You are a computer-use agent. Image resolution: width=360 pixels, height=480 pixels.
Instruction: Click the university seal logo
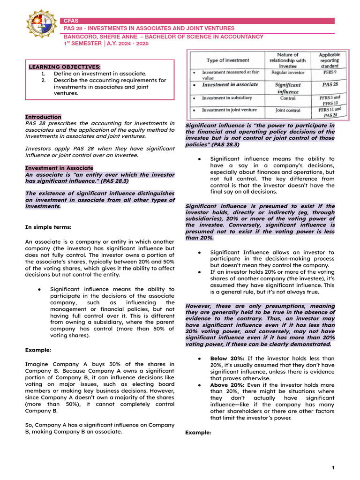(x=41, y=24)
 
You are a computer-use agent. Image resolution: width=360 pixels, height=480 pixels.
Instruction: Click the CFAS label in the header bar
(x=72, y=21)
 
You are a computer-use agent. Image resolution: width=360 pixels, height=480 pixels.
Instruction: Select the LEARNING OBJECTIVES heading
(x=65, y=67)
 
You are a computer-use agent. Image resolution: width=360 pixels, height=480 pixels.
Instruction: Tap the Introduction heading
(x=43, y=117)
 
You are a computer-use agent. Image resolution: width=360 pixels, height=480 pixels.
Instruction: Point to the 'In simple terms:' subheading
(x=48, y=227)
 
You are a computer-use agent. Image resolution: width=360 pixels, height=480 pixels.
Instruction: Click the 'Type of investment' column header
(x=228, y=60)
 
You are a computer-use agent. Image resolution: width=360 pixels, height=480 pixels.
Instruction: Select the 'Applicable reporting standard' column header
(x=329, y=60)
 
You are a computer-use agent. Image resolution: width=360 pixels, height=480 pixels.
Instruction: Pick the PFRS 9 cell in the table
(x=329, y=73)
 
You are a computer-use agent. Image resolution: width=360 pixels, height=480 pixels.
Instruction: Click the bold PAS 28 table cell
(x=329, y=84)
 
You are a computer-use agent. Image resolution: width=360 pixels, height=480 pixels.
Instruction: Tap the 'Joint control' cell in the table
(x=287, y=110)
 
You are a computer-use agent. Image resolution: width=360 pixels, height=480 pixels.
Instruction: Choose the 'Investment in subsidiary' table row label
(x=227, y=98)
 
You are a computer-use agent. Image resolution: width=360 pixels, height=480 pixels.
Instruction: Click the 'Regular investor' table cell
(x=287, y=73)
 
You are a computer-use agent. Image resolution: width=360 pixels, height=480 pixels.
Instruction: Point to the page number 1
(x=333, y=468)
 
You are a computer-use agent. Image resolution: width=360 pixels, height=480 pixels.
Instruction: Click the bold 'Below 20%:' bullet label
(x=226, y=358)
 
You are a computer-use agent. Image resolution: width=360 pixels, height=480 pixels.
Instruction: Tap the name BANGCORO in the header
(x=82, y=37)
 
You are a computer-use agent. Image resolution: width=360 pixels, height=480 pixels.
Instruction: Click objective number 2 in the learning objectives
(x=43, y=80)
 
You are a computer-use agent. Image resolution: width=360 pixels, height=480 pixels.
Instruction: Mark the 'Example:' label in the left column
(x=38, y=350)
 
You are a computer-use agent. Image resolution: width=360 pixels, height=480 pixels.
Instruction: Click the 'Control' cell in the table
(x=287, y=98)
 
